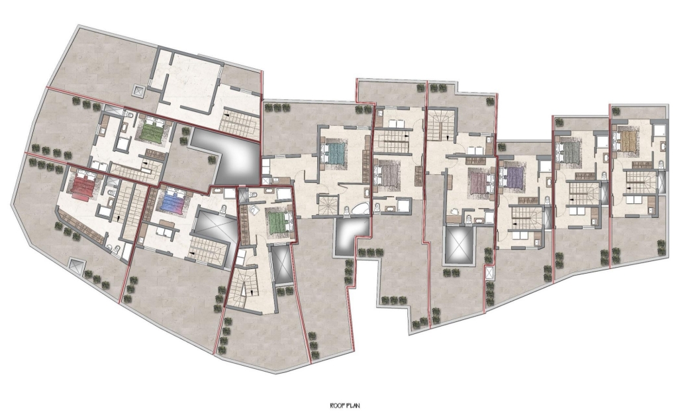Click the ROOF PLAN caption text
[345, 406]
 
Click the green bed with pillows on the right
[278, 222]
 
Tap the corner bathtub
[360, 209]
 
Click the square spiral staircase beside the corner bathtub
[328, 205]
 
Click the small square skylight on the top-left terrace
[138, 91]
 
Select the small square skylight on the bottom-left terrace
[75, 265]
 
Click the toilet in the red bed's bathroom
[111, 193]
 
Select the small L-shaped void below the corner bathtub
[350, 237]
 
